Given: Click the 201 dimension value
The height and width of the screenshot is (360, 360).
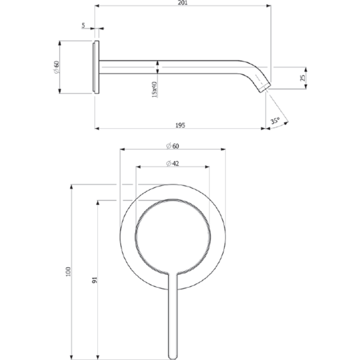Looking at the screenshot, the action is pos(183,3).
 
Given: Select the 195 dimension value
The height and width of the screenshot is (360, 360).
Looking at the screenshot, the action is pos(180,125).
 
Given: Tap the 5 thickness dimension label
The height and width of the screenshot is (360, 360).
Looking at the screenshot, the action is pos(83,25).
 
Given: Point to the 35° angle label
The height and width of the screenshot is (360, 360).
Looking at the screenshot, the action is pos(275,120).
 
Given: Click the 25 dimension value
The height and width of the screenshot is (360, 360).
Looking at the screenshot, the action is pos(303,78).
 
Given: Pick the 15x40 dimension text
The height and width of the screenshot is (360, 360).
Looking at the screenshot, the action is pos(154,89).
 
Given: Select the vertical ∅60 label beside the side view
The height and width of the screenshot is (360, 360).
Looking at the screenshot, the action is pos(56,67).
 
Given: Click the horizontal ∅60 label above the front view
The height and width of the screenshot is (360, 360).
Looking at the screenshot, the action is pos(173,146).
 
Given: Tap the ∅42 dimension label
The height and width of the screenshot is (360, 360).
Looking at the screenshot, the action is pos(172,164).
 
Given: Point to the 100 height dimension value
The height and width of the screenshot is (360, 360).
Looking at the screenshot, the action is pos(68,271).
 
